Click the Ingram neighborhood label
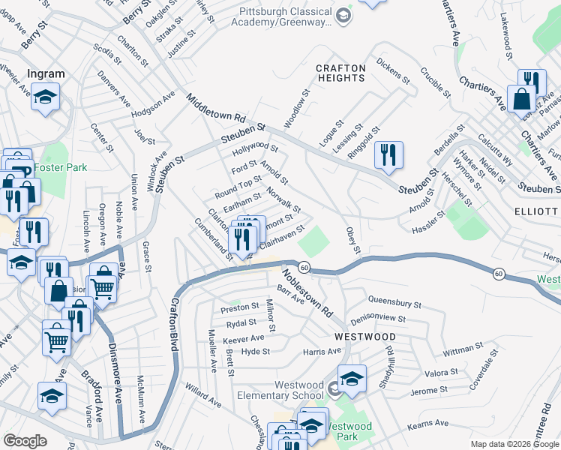coord(45,74)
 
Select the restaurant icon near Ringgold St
coord(388,154)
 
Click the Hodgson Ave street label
coord(152,105)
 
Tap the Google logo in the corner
coord(25,441)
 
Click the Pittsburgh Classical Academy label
coord(285,16)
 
